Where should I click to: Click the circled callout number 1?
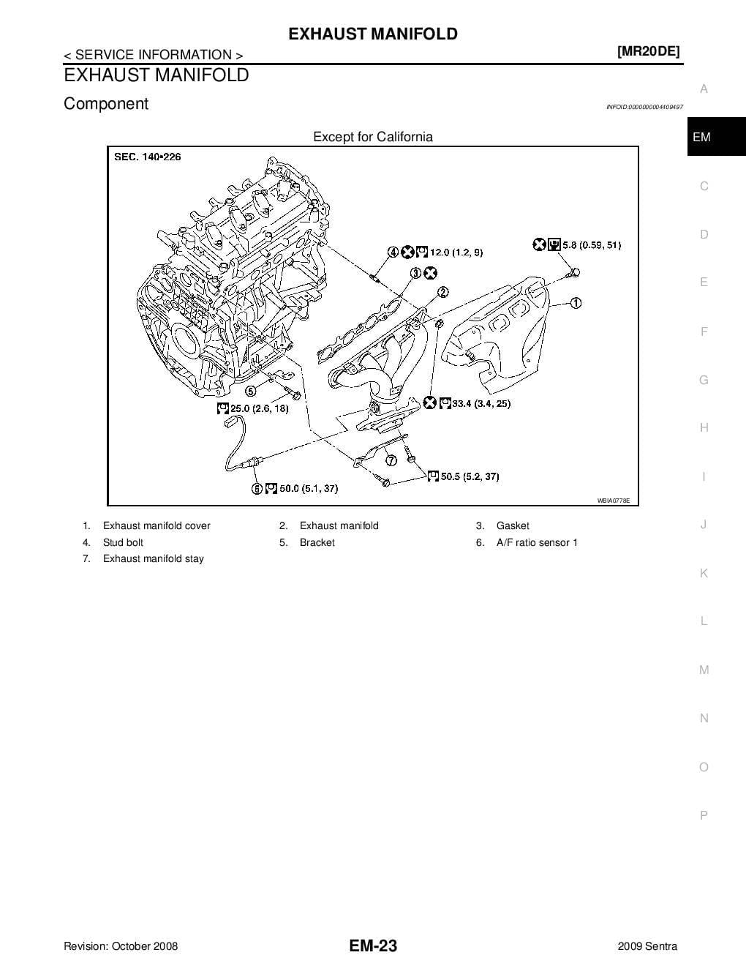click(x=576, y=302)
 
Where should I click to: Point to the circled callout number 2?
click(x=443, y=293)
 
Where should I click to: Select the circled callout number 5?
click(x=250, y=391)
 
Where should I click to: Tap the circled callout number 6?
click(x=257, y=488)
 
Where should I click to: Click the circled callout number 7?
click(x=391, y=460)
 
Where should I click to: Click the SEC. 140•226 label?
click(x=148, y=157)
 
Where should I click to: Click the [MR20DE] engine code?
click(x=648, y=51)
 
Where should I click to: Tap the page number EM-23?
click(x=373, y=946)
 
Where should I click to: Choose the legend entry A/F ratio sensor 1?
click(x=537, y=542)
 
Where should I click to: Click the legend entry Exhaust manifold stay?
click(x=154, y=558)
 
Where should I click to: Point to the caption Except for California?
click(x=373, y=137)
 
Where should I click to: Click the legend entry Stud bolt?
click(x=123, y=542)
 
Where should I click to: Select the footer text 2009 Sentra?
click(x=647, y=946)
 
